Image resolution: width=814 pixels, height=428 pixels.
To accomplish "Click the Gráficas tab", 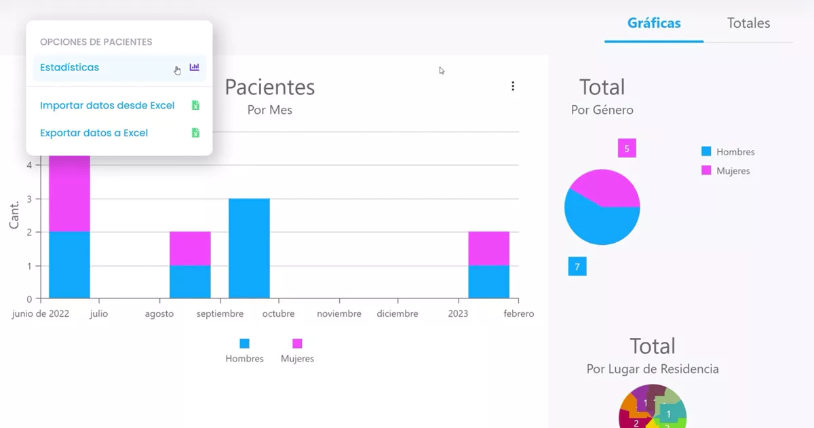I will tap(653, 23).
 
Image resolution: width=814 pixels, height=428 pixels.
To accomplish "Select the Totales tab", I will tap(748, 23).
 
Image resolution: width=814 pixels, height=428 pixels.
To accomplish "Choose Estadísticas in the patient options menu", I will tap(69, 68).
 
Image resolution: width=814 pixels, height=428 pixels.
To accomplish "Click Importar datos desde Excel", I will tap(107, 106).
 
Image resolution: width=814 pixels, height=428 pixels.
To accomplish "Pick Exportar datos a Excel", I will tap(94, 133).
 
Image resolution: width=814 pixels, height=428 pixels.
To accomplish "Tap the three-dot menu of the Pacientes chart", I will tap(513, 86).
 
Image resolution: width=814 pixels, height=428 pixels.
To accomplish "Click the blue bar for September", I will tap(249, 248).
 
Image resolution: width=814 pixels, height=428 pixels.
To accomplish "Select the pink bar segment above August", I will tap(190, 248).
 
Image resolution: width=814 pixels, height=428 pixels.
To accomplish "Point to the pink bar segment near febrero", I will tap(488, 248).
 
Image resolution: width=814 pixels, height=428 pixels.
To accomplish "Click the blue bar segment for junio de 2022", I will tap(69, 265).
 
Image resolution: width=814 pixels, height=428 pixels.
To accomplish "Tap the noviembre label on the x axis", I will tap(339, 314).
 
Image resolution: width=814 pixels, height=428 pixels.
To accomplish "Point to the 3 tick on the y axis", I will tap(29, 199).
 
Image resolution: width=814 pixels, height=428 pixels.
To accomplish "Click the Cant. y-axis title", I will tap(14, 214).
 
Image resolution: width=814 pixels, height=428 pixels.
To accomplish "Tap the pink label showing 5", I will tap(627, 148).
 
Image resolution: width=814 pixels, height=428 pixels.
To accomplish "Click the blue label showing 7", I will tap(577, 267).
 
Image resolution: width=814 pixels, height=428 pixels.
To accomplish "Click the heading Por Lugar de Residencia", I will tap(652, 369).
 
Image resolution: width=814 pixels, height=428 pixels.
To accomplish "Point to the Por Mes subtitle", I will tap(269, 110).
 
